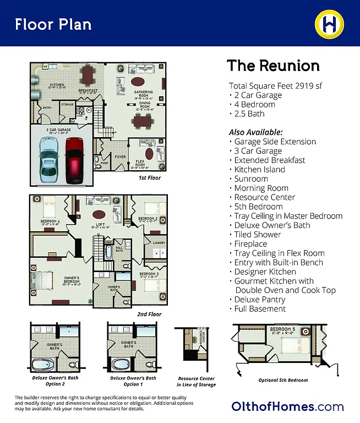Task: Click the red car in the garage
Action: click(74, 160)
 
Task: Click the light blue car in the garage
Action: click(49, 160)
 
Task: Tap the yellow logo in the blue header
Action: click(329, 23)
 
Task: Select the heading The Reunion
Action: click(273, 66)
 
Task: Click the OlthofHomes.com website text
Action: click(287, 407)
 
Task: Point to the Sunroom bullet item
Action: click(251, 178)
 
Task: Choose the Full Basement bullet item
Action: click(260, 309)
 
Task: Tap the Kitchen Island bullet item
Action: click(259, 169)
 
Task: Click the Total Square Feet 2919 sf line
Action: click(275, 86)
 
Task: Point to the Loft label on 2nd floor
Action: click(99, 225)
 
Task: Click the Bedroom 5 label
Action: click(282, 331)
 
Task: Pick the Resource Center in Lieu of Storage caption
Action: click(197, 381)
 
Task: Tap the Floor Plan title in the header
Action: click(53, 24)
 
